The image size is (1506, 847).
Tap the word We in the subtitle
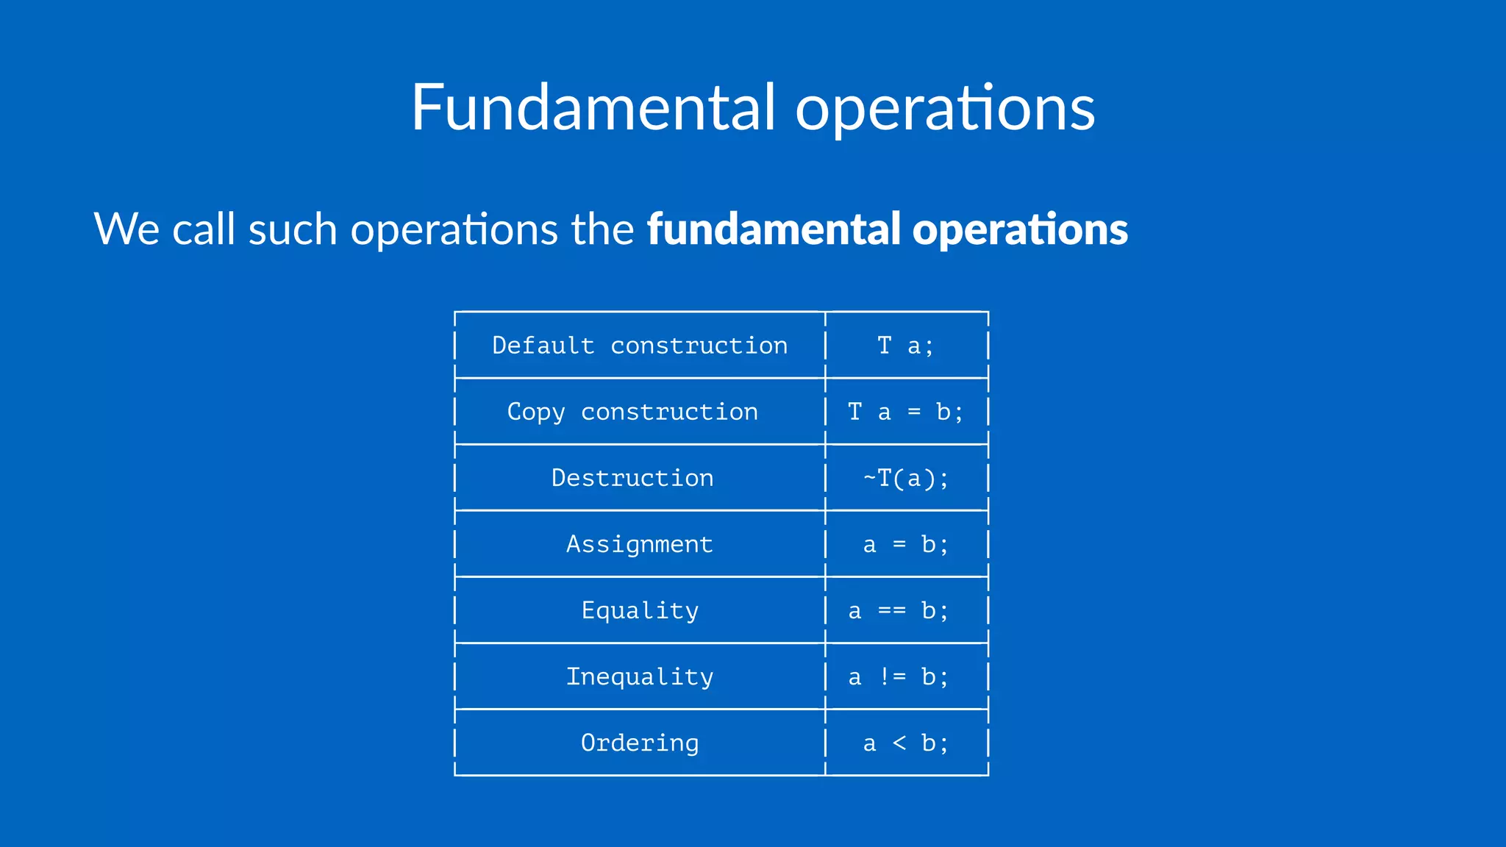point(126,229)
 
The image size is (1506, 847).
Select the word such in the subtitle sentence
point(293,229)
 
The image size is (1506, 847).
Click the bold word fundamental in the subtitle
point(774,229)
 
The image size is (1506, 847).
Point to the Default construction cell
point(640,346)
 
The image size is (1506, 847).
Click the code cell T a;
point(906,346)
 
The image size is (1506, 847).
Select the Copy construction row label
point(632,412)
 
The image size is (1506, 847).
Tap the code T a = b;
point(906,412)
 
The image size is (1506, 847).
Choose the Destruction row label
point(632,478)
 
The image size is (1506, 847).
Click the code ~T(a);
point(906,479)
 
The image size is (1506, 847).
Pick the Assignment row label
point(640,545)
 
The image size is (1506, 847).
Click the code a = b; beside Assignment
point(906,545)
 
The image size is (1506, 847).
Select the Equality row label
point(640,611)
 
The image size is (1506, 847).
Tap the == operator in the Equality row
point(892,611)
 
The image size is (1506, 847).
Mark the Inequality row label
point(640,677)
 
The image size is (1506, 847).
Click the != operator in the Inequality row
point(893,677)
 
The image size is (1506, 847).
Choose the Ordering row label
point(640,743)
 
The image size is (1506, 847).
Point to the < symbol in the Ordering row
point(899,743)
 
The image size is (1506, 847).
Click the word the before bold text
point(602,229)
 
